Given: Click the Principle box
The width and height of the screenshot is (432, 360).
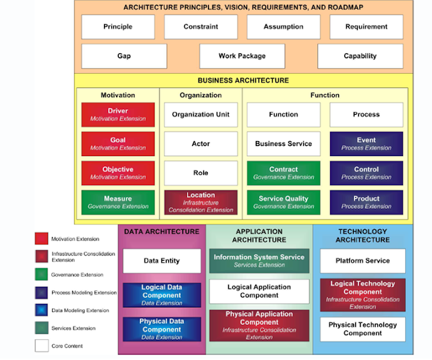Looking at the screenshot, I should pos(117,27).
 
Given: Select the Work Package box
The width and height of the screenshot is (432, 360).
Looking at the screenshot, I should pos(242,56).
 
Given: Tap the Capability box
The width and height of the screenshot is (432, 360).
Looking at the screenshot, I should pos(360,56).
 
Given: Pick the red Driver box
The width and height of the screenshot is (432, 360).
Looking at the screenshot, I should pos(117,115).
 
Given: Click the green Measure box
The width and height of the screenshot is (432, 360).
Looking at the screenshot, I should pos(117,202).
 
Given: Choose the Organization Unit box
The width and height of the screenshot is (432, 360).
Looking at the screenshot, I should pos(200,115).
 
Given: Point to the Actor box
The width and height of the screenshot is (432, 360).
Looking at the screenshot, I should pos(200,144).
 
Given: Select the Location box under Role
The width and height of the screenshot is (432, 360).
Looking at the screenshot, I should pos(200,202).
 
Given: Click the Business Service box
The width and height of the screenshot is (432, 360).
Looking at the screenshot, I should pos(283,144).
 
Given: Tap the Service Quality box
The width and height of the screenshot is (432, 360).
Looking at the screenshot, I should pos(283,202).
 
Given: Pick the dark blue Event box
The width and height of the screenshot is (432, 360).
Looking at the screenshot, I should pos(366,144).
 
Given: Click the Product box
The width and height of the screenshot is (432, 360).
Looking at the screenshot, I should pos(366,202).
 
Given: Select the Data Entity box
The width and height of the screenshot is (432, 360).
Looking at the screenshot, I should pos(161,261).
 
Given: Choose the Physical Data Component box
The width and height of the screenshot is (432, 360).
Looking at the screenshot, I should pos(161,329).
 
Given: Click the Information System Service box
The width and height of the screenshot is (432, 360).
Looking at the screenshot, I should pos(259,261).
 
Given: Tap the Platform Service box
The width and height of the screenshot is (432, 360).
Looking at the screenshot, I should pos(362,261).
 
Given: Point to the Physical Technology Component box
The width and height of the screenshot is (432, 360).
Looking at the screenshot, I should pos(362,329).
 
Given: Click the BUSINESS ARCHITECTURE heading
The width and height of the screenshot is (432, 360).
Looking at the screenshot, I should pos(243,80).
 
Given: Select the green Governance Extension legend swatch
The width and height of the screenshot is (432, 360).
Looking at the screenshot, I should pos(41,274).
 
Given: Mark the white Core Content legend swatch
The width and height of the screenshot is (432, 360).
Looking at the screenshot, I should pos(41,346).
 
